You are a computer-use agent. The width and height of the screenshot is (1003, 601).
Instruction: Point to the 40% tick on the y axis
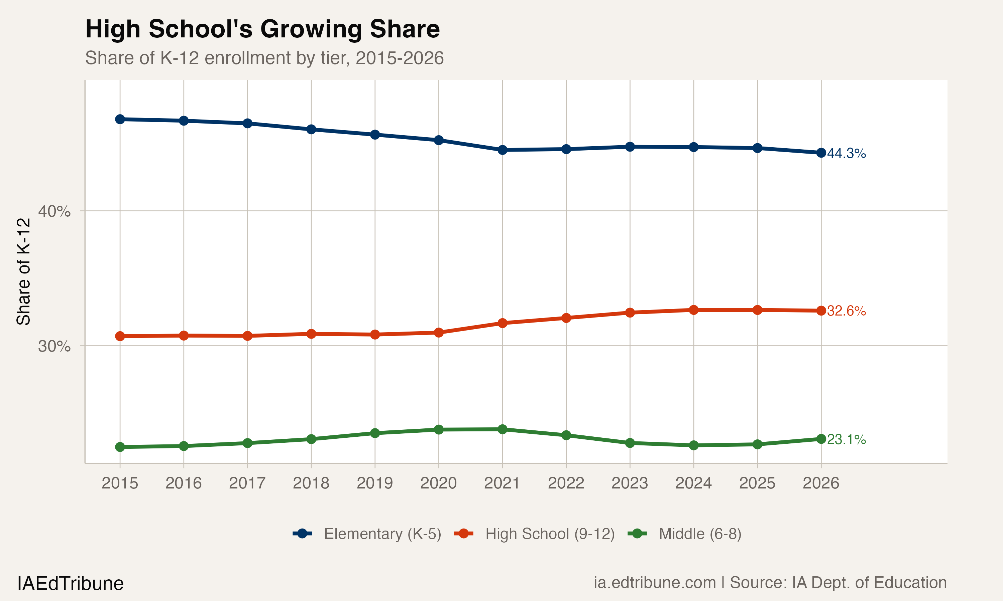click(54, 211)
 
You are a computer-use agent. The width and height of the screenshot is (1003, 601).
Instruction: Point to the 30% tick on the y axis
click(54, 346)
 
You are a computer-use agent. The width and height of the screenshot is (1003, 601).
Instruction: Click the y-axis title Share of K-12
click(23, 271)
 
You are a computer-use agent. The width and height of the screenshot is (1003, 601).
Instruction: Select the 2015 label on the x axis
click(120, 483)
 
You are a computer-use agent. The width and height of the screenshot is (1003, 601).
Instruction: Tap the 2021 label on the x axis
click(502, 483)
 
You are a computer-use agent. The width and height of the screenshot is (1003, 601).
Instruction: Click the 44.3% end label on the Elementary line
click(846, 154)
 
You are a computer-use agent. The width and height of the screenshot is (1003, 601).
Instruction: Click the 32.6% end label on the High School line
click(846, 311)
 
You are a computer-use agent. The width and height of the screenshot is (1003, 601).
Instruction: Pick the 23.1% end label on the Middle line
click(846, 439)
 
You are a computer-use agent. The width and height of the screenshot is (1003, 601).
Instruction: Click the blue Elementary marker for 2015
click(120, 119)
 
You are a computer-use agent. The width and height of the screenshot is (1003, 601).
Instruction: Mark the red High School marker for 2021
click(502, 323)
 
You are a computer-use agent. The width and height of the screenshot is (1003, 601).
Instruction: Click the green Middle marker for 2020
click(439, 430)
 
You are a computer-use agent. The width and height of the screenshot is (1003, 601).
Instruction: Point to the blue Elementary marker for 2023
click(630, 147)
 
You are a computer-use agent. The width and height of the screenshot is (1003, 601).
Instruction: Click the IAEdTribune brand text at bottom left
click(70, 584)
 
